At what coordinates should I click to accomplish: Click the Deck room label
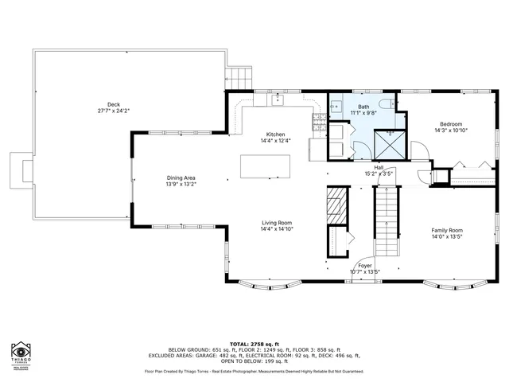[114, 104]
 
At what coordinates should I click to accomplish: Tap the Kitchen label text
[275, 134]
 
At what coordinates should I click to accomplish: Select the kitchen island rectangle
[266, 166]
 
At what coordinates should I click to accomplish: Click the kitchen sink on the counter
[277, 100]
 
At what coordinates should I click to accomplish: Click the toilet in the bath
[384, 104]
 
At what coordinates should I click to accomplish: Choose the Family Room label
[447, 230]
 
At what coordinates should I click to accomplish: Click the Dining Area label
[181, 178]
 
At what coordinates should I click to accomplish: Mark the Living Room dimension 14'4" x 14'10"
[277, 229]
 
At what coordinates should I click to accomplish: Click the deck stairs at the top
[239, 77]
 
